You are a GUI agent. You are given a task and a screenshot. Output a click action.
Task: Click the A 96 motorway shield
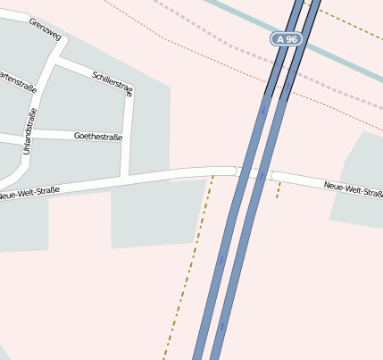[x=286, y=39]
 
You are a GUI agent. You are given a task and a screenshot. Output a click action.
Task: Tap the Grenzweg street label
[x=45, y=29]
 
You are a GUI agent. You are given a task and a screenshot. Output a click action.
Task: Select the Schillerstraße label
[x=112, y=79]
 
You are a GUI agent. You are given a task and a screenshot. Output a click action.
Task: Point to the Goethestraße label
[x=98, y=137]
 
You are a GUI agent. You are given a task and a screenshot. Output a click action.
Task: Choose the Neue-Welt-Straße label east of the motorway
[x=353, y=188]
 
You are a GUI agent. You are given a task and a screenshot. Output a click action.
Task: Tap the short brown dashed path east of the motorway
[x=279, y=189]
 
